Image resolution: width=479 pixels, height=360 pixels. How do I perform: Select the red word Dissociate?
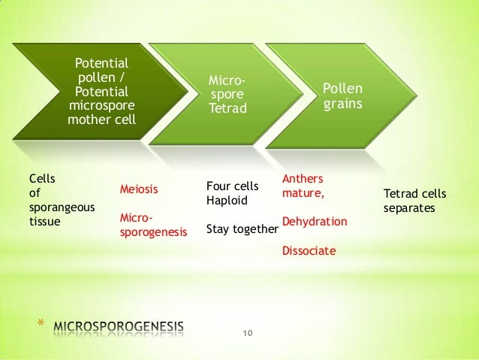coord(309,250)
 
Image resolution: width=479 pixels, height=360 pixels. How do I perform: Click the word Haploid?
coord(225,201)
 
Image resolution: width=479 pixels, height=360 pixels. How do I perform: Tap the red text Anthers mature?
coord(303,186)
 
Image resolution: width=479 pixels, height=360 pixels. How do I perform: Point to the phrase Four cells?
coord(232,186)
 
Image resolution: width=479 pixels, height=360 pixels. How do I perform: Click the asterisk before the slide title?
coord(42,326)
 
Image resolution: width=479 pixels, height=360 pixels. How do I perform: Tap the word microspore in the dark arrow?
coord(98,105)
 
